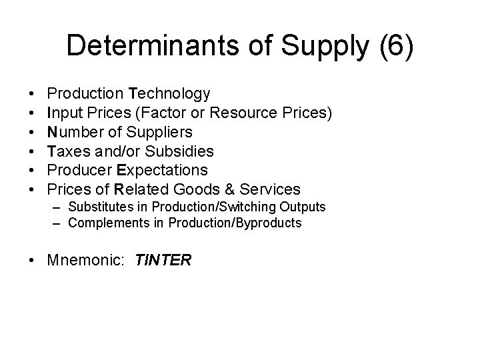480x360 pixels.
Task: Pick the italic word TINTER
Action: tap(163, 261)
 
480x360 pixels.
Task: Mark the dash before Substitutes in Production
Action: tap(59, 208)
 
